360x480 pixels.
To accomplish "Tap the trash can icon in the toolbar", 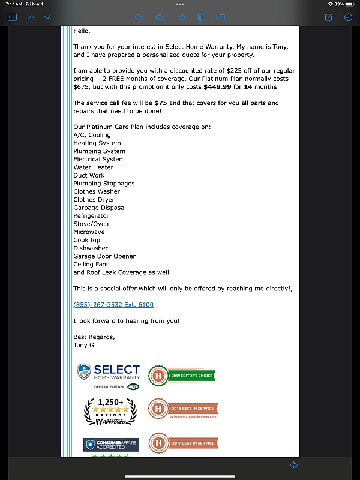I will pos(201,17).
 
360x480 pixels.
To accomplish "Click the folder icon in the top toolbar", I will pos(220,17).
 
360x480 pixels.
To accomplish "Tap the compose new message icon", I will pos(329,17).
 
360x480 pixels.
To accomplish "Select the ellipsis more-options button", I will pos(348,17).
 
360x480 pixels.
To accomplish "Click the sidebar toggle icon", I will pos(12,17).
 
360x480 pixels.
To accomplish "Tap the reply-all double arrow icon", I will pos(160,17).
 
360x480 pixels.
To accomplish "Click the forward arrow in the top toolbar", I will pos(181,17).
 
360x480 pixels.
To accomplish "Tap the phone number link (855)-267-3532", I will pos(113,305).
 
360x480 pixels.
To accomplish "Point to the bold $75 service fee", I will pos(160,103).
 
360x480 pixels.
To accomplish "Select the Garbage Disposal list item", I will pos(100,208).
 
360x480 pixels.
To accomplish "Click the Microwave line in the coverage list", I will pos(89,232).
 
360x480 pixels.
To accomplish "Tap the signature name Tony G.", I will pos(84,345).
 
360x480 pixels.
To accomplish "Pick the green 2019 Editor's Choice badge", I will pos(182,376).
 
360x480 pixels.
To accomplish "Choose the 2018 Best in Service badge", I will pos(183,410).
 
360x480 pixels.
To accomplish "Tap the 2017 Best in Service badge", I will pos(183,443).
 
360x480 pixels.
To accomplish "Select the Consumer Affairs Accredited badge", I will pos(111,445).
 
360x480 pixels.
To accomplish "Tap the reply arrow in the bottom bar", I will pos(294,466).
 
